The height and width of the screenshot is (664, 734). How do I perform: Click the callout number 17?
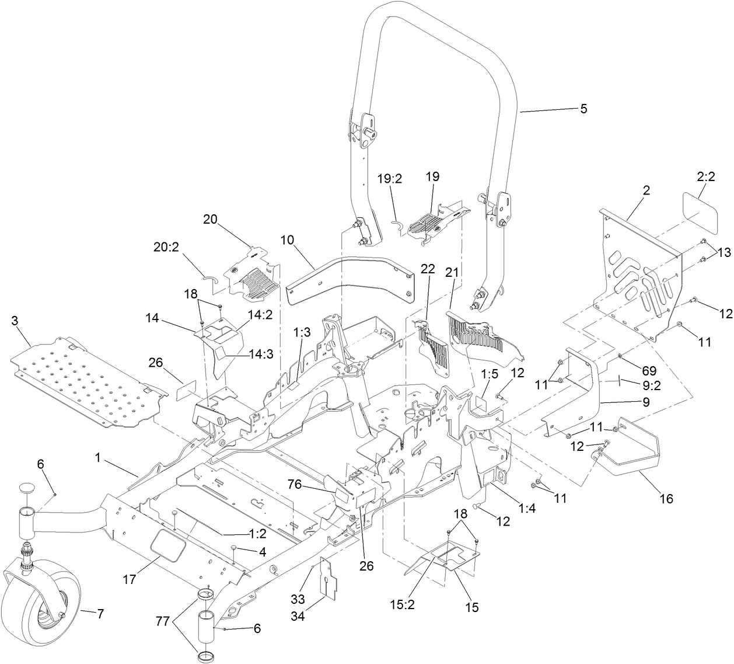[x=130, y=580]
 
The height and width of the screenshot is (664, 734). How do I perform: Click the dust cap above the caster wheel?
[x=27, y=488]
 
